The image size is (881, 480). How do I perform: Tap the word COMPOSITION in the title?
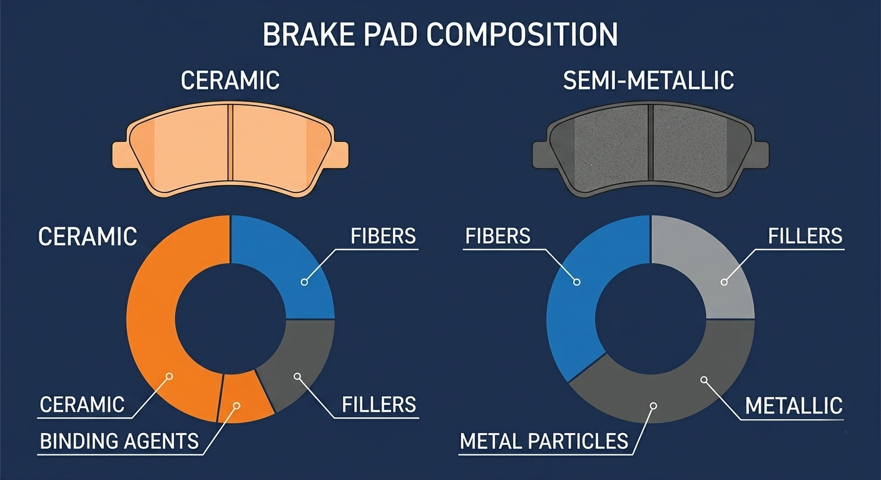(522, 34)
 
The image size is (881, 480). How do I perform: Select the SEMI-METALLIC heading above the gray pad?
(648, 81)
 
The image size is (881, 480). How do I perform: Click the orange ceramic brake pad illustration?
(230, 149)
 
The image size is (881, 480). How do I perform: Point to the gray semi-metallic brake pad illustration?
(651, 149)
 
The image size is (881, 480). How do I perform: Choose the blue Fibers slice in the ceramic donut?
(291, 267)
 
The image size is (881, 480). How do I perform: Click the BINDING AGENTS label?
(119, 441)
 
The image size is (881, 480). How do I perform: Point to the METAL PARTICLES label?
(544, 441)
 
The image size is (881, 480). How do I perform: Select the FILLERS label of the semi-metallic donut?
(805, 236)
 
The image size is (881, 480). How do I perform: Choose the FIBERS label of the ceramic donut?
(383, 236)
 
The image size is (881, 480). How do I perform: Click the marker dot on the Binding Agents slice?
(237, 406)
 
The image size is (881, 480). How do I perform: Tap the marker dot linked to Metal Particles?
(654, 406)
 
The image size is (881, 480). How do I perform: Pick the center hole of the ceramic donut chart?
(230, 319)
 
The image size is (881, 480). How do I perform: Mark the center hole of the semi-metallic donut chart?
(651, 319)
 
